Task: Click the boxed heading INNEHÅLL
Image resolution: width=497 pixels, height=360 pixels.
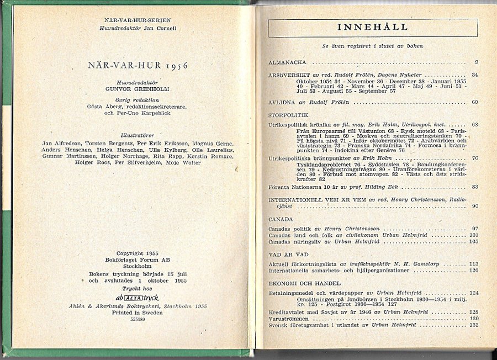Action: [x=372, y=27]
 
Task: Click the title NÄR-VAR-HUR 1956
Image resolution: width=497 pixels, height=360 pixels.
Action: [x=138, y=65]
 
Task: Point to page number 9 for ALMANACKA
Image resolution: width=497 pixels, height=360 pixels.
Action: [x=476, y=62]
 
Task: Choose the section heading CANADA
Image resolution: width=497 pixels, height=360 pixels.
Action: [x=281, y=219]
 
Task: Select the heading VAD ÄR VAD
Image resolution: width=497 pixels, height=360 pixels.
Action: [x=285, y=255]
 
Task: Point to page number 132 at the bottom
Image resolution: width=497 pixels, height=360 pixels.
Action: [x=473, y=325]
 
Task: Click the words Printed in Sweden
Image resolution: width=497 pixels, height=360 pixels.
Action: [x=138, y=313]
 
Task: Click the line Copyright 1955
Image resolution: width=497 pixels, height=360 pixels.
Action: [x=138, y=253]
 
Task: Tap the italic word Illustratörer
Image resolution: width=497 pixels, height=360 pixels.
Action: [x=138, y=134]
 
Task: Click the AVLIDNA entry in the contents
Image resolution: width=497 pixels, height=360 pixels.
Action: [x=283, y=102]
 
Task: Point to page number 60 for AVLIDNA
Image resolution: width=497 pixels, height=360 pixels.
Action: [x=475, y=102]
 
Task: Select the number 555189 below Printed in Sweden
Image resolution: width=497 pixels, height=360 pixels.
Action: [x=138, y=319]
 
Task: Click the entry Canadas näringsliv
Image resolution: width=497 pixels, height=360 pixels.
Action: [x=295, y=241]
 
